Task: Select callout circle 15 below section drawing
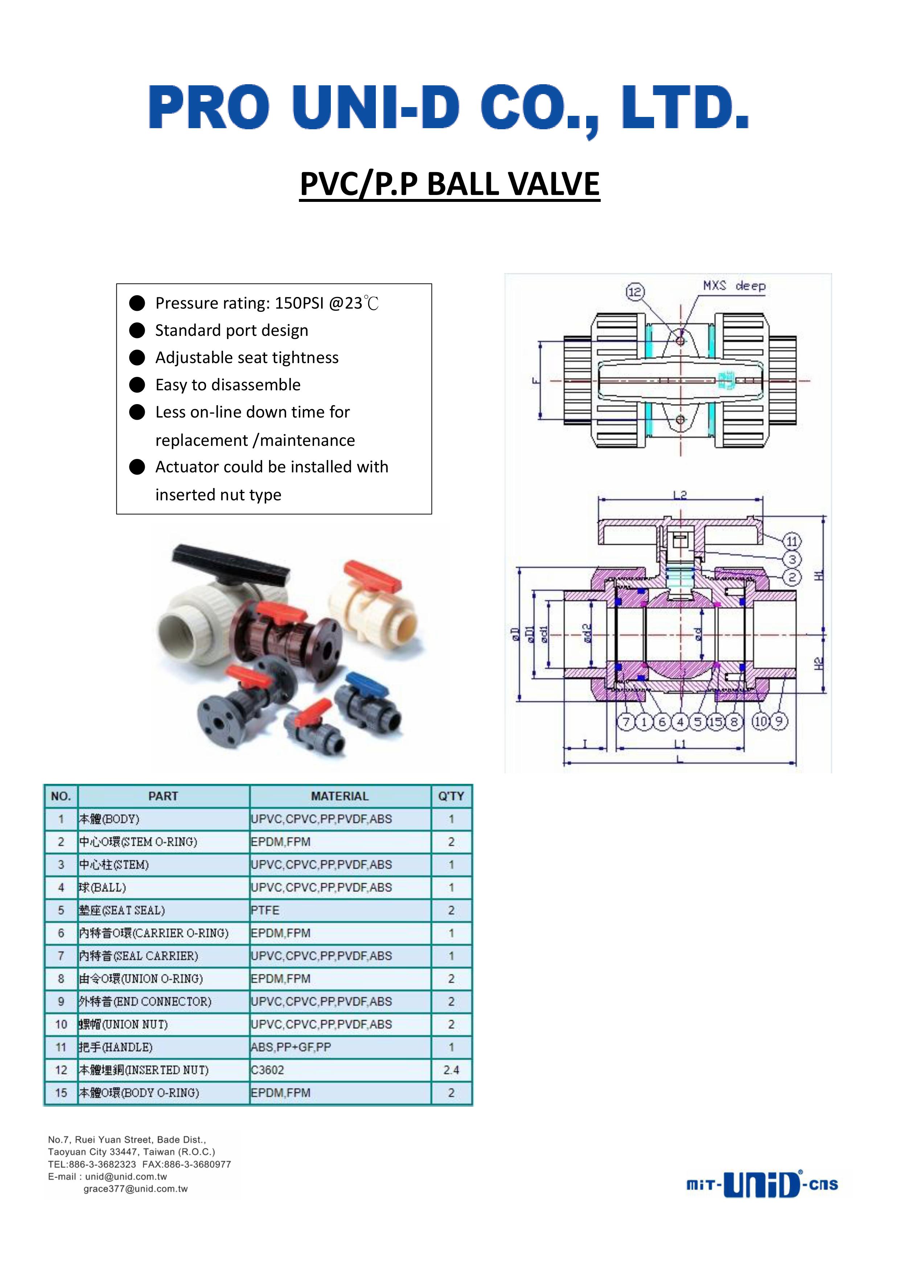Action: pyautogui.click(x=716, y=721)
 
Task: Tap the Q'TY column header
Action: pyautogui.click(x=451, y=796)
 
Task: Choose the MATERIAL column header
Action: pyautogui.click(x=340, y=796)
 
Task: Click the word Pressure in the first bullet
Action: pyautogui.click(x=186, y=303)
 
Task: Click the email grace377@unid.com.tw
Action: pyautogui.click(x=136, y=1189)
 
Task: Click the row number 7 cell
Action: pyautogui.click(x=61, y=956)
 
